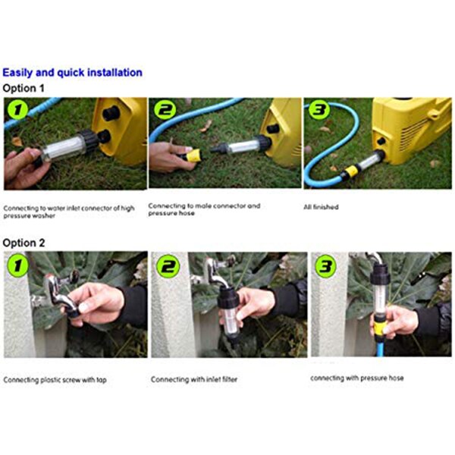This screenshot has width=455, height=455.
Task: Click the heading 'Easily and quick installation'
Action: [72, 73]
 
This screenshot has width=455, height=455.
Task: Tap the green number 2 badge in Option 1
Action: [164, 112]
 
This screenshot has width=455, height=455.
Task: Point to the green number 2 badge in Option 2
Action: [167, 268]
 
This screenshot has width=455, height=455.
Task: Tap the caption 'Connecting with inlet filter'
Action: [193, 378]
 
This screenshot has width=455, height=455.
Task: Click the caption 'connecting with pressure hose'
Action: [357, 376]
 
